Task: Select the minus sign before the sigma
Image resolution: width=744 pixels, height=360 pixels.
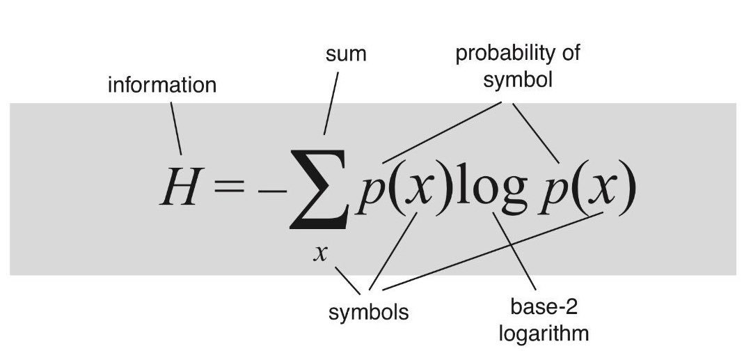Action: (267, 189)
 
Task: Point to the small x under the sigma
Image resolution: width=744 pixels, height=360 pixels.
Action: (319, 253)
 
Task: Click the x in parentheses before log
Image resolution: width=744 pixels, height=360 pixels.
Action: (415, 189)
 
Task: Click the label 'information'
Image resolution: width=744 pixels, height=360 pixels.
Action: (162, 86)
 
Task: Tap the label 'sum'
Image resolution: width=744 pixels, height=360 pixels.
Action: (346, 54)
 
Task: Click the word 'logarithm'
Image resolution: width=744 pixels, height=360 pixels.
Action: (544, 333)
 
